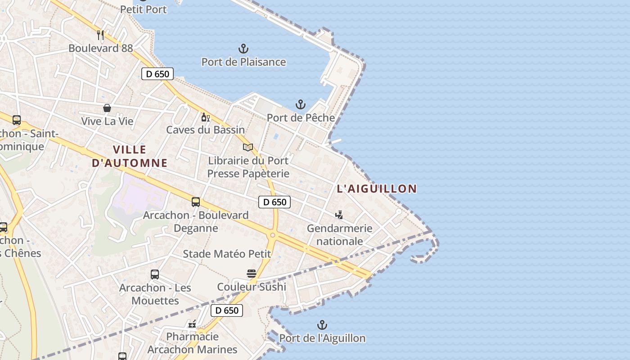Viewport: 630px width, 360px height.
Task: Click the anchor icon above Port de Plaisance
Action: [243, 48]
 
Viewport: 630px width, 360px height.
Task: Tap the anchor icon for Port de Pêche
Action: [301, 105]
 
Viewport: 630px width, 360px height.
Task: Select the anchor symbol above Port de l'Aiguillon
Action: [322, 325]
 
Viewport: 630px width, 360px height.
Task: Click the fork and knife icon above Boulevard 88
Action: [100, 35]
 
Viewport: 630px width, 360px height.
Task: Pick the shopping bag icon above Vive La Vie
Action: [107, 108]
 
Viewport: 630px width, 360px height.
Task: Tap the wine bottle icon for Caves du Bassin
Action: [205, 117]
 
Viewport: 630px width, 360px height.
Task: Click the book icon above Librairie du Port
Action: [248, 147]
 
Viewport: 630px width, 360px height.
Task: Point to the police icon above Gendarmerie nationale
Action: [339, 215]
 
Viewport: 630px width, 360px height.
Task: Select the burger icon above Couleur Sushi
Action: [251, 274]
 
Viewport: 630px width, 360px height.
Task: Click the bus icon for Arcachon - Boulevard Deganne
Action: [196, 202]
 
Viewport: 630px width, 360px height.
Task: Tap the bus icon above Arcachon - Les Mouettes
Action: [155, 274]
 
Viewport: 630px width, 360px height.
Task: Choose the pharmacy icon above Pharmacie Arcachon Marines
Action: [192, 324]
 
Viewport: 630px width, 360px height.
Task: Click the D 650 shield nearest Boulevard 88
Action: [157, 74]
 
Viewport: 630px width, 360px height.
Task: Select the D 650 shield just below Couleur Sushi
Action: [227, 310]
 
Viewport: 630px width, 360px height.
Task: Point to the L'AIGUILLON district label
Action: [377, 189]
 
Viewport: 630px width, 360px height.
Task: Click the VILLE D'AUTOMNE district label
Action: [130, 156]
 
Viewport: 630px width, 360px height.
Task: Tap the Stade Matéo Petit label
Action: [227, 254]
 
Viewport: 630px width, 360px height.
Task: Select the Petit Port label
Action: [144, 9]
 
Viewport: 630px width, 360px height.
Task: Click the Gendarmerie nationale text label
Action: [340, 234]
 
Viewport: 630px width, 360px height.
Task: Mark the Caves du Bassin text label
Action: [206, 130]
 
